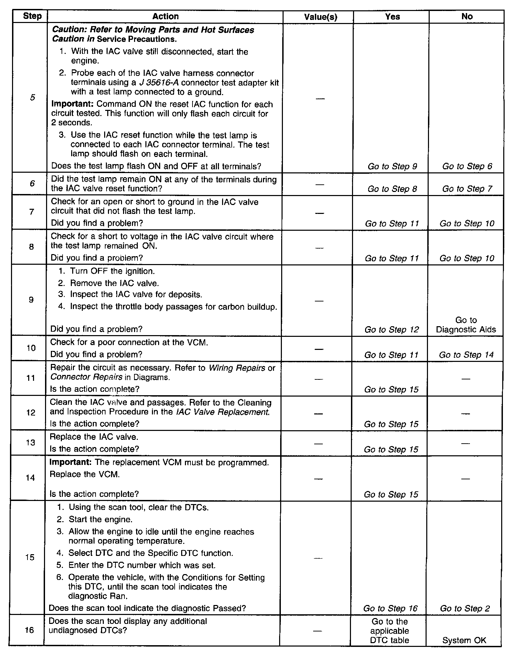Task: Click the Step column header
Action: point(32,16)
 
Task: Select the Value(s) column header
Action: point(320,17)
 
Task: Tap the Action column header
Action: point(165,16)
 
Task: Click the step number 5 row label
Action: point(32,98)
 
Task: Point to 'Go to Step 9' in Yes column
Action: point(392,167)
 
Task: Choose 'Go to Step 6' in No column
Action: point(467,167)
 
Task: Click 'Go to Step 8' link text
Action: point(392,189)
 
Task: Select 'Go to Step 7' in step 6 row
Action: point(467,189)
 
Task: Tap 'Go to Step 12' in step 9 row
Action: point(392,330)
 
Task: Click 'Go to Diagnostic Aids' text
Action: point(466,325)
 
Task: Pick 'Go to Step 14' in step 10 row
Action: point(466,355)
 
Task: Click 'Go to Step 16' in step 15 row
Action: point(390,608)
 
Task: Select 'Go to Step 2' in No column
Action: point(465,608)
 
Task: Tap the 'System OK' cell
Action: point(464,640)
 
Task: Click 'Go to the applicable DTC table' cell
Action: point(389,631)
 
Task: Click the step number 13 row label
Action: point(31,443)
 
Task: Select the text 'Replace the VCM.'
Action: point(85,475)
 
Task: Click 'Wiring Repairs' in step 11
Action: point(237,368)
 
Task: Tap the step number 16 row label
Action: point(30,630)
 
